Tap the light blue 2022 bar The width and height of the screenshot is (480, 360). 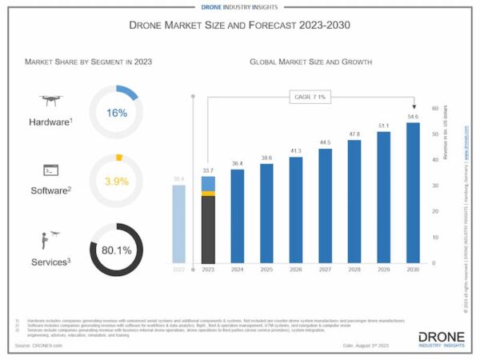[x=179, y=224]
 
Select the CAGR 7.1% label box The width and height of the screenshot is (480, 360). [x=310, y=98]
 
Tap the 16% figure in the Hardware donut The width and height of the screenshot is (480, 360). [x=117, y=113]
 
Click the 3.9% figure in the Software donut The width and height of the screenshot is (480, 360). [x=118, y=182]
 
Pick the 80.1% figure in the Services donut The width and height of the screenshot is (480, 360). [x=117, y=250]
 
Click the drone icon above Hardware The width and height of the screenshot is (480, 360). [x=50, y=101]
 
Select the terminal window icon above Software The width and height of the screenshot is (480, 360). [x=49, y=170]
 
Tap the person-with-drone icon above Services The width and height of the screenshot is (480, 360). [x=50, y=239]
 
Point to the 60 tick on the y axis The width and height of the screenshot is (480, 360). [x=434, y=108]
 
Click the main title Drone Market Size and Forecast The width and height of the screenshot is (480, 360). [x=239, y=26]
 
